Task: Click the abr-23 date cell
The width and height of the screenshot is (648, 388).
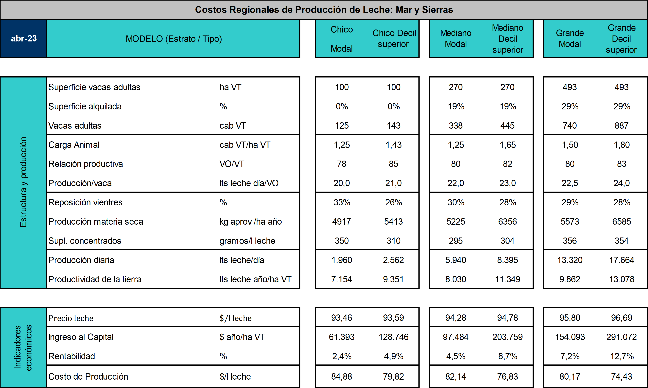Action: click(x=23, y=38)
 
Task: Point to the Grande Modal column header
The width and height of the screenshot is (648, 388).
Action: click(x=570, y=38)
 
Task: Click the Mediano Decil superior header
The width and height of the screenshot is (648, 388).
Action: click(x=508, y=39)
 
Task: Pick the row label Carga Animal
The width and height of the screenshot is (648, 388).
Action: click(x=74, y=145)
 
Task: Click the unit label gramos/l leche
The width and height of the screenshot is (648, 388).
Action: click(x=247, y=241)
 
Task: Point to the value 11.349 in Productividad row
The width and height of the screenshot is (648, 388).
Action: click(x=508, y=279)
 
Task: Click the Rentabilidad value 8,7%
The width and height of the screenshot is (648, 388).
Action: click(x=508, y=356)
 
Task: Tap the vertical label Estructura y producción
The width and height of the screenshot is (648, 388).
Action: click(x=23, y=182)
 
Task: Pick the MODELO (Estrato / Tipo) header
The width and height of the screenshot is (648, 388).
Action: click(x=174, y=39)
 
